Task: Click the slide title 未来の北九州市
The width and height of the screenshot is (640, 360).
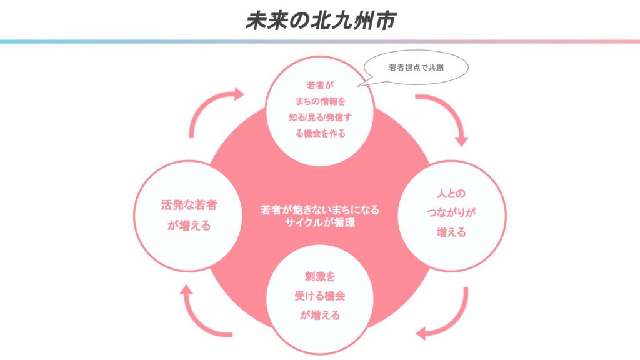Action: (321, 21)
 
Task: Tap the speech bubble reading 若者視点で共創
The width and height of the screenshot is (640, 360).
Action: (416, 67)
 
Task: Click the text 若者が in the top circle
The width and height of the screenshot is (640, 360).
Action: (321, 85)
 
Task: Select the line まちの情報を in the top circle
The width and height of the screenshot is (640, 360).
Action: (321, 101)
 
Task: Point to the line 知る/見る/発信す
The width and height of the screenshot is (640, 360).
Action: (321, 117)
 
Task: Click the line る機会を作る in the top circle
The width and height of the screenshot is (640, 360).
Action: (321, 134)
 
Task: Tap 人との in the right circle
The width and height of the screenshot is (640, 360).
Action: (451, 194)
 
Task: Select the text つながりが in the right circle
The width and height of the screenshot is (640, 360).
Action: (451, 212)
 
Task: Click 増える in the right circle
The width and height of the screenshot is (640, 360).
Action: (451, 232)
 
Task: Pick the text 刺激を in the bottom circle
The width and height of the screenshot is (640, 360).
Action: (320, 277)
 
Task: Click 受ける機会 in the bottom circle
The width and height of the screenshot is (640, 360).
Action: (320, 296)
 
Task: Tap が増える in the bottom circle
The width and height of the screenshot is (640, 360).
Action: (320, 315)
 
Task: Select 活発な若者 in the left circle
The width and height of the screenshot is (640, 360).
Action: (189, 205)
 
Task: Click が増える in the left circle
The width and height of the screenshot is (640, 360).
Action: (189, 225)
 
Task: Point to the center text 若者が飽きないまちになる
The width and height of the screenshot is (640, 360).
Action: (320, 210)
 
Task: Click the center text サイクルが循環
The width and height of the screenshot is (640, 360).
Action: (320, 223)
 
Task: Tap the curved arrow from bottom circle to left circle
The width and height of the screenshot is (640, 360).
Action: (193, 321)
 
